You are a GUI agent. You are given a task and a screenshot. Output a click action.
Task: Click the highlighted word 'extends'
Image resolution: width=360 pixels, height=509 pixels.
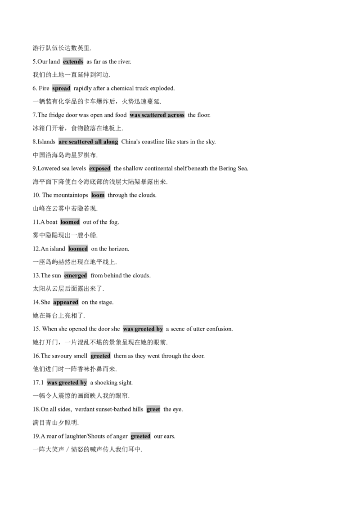[x=73, y=62]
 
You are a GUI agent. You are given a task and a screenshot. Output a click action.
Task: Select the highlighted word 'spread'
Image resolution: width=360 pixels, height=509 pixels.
[x=61, y=88]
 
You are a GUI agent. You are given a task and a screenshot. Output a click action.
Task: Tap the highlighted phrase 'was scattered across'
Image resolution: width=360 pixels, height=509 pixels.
[x=157, y=115]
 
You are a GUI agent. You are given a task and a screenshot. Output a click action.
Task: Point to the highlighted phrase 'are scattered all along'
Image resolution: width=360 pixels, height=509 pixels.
[x=88, y=142]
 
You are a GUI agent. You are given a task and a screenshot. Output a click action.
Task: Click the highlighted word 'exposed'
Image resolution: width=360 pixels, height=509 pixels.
[x=100, y=169]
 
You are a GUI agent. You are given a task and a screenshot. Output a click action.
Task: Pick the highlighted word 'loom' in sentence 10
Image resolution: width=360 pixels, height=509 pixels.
[x=98, y=195]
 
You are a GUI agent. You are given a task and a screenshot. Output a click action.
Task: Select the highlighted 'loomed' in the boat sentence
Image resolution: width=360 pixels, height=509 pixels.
[x=70, y=222]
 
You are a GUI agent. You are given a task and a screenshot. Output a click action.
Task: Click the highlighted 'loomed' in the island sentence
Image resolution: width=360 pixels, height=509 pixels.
[x=78, y=249]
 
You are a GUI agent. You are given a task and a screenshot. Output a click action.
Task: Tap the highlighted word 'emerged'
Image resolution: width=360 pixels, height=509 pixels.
[x=76, y=276]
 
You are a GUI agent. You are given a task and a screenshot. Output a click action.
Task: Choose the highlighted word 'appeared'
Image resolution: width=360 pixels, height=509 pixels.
[x=66, y=302]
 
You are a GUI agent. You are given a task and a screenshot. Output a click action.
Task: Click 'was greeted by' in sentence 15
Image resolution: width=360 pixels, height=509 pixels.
[x=143, y=329]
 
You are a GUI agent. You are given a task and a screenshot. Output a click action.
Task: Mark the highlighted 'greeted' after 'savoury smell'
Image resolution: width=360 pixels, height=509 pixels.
[x=100, y=356]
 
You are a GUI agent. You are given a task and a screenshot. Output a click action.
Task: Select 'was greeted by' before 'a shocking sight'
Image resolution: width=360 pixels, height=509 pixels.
[x=67, y=382]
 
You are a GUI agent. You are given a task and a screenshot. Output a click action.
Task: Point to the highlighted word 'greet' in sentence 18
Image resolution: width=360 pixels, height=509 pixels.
[x=153, y=409]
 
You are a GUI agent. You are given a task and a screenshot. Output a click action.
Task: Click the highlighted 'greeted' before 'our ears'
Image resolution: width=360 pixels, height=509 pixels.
[x=140, y=436]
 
